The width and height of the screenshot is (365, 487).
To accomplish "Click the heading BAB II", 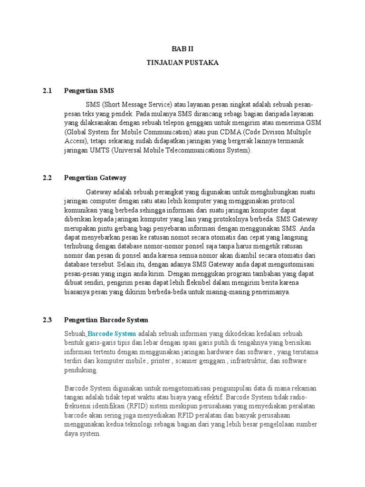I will coord(182,49).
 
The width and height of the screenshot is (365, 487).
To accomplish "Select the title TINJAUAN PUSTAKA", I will coord(182,62).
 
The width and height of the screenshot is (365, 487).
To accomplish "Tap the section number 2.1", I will coord(47,90).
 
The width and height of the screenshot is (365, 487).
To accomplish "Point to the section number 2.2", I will coord(47,177).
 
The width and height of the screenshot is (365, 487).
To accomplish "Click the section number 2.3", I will coord(47,320).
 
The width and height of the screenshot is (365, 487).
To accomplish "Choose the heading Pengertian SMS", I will coord(89,90).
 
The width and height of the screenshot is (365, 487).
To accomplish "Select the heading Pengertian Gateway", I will coord(95,177).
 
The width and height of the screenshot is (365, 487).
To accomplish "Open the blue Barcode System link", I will coord(112,333).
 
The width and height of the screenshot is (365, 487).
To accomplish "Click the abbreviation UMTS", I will coord(92,150).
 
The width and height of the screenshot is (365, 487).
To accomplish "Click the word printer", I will coord(160,360).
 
